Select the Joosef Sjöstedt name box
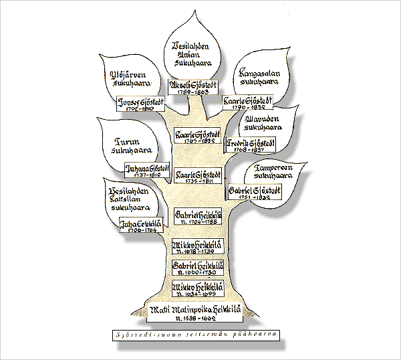(x=140, y=104)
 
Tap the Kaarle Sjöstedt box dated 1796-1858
(x=247, y=101)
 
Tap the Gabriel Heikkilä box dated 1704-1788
(x=197, y=216)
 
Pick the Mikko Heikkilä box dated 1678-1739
(x=197, y=248)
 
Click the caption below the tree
(x=195, y=334)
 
